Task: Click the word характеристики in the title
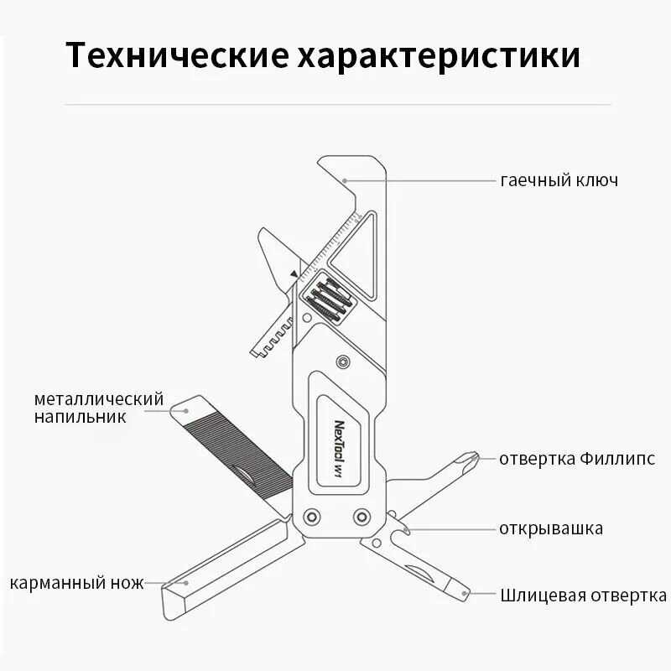tap(437, 56)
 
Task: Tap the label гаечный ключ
tap(559, 180)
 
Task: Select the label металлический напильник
tap(99, 407)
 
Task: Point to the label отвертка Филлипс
tap(577, 459)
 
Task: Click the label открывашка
tap(550, 528)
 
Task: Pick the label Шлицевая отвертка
tap(583, 596)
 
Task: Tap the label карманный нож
tap(77, 583)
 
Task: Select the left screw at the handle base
tap(312, 515)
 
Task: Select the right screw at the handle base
tap(362, 515)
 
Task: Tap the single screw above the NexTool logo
tap(342, 362)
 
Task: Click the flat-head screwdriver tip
tap(464, 591)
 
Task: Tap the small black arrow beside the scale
tap(293, 273)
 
